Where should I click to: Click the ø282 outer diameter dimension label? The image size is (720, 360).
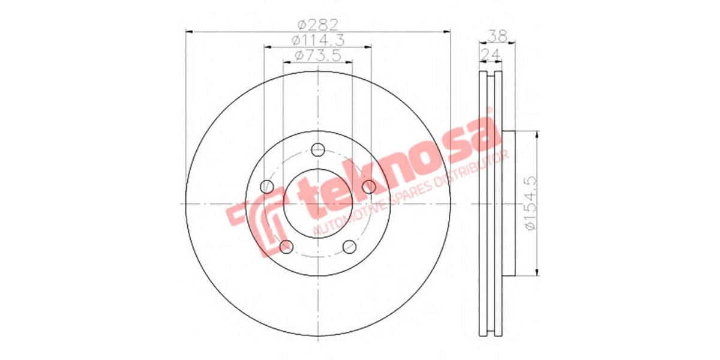[x=319, y=25]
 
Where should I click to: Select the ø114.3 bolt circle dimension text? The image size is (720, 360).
[x=317, y=40]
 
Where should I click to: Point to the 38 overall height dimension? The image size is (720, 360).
[x=496, y=36]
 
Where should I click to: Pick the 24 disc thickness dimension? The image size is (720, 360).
[x=491, y=55]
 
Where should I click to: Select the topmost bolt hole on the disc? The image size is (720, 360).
[x=318, y=149]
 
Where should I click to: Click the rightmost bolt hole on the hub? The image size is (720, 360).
[x=369, y=187]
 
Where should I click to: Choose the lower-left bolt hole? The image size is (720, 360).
[x=286, y=246]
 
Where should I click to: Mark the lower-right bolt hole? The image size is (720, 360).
[x=349, y=246]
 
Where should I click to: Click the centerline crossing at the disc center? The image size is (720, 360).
[x=318, y=203]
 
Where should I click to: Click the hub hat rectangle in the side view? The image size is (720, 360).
[x=508, y=203]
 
